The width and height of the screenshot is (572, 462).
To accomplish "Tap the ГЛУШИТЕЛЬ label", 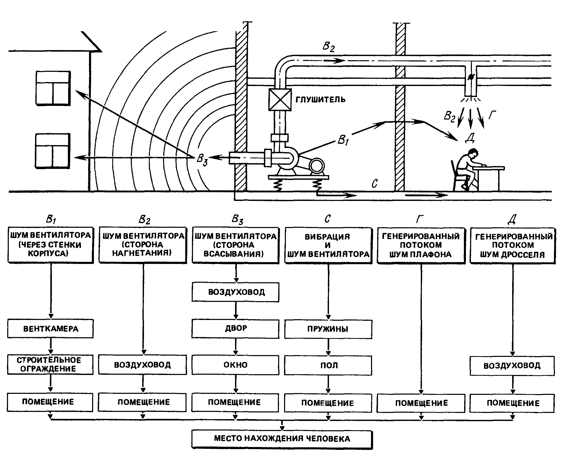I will click(x=320, y=100).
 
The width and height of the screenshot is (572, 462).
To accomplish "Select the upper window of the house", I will click(x=53, y=88).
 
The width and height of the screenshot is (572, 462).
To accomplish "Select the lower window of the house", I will click(x=52, y=151).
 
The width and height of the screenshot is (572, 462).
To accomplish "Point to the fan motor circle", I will click(x=317, y=166).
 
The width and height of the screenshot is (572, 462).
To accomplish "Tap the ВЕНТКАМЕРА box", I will click(x=51, y=329).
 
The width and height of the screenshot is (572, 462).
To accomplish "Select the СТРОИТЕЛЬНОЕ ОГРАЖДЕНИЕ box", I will click(x=50, y=364).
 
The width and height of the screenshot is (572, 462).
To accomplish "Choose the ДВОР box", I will click(x=236, y=328).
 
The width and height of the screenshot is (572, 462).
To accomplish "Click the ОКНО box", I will click(x=236, y=365).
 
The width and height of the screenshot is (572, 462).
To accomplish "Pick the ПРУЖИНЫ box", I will click(x=328, y=329).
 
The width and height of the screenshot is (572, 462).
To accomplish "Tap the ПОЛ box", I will click(x=328, y=365).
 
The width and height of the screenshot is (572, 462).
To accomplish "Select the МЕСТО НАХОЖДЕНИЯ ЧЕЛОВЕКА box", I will click(x=282, y=438).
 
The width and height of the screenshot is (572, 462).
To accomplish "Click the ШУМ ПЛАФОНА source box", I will click(x=421, y=245).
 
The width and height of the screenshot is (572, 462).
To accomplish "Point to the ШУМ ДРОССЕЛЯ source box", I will click(x=513, y=245).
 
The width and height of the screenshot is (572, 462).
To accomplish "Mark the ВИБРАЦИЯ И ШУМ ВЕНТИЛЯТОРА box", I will click(x=328, y=245).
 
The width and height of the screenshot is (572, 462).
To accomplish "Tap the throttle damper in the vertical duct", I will click(x=470, y=77).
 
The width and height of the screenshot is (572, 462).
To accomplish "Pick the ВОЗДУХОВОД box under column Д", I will click(x=512, y=366).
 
